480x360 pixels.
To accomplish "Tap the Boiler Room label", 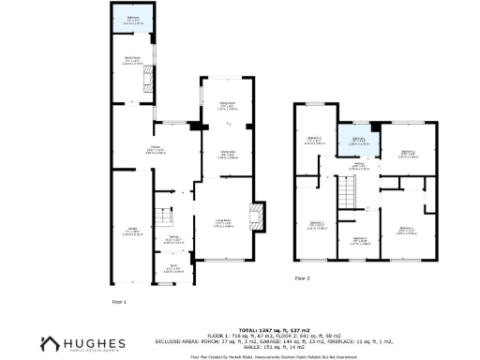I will (132, 64).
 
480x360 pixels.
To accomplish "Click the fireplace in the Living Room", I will (256, 217).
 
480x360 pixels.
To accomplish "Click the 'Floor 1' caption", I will (119, 301).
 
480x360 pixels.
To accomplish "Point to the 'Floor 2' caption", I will (302, 278).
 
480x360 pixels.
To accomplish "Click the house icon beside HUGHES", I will (50, 344).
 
